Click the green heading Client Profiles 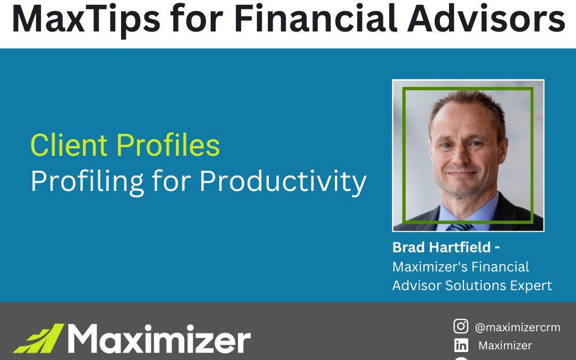[x=125, y=145]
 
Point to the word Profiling [x=86, y=182]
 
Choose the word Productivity [x=283, y=182]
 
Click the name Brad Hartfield [x=441, y=247]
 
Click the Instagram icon [x=461, y=326]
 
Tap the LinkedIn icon [x=461, y=346]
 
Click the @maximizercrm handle [x=517, y=327]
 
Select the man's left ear [x=503, y=150]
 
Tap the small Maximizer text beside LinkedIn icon [x=505, y=346]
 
